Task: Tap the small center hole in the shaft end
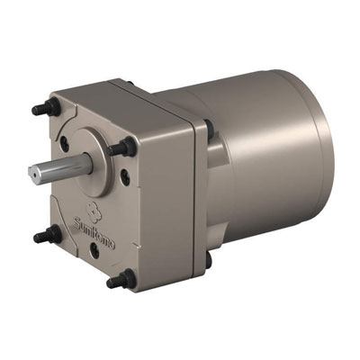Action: (x=33, y=174)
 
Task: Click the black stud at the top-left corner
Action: (x=47, y=108)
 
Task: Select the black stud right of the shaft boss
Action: (x=122, y=147)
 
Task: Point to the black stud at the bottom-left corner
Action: (x=48, y=235)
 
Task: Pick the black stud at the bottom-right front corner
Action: (x=121, y=279)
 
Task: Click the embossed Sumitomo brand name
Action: (x=94, y=233)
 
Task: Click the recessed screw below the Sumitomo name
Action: (x=94, y=250)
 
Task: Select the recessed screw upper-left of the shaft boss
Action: (x=65, y=143)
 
